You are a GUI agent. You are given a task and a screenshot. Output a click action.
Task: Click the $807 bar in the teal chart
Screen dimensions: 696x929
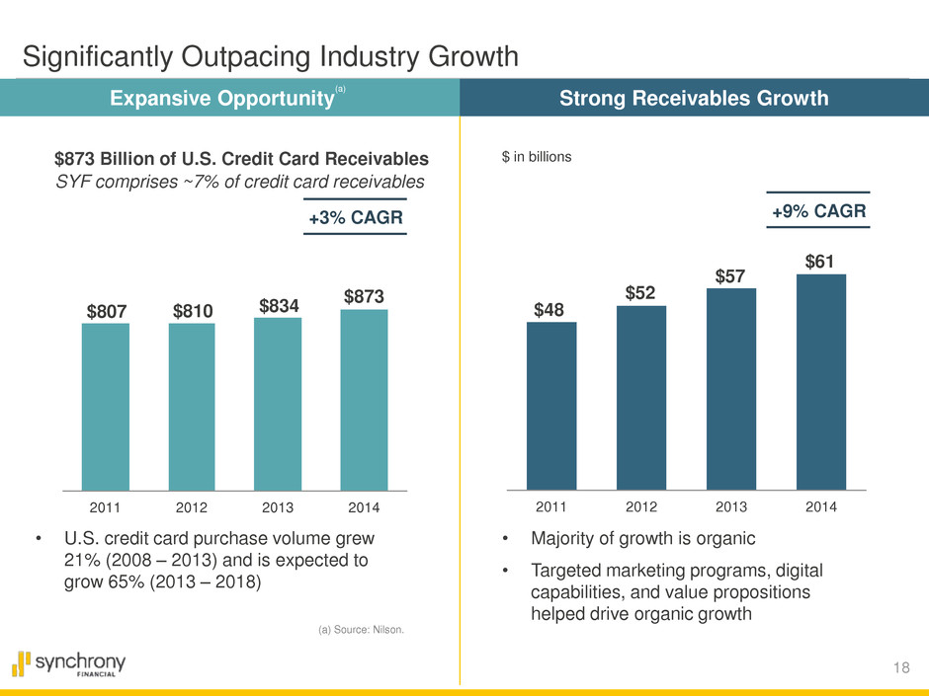pyautogui.click(x=105, y=406)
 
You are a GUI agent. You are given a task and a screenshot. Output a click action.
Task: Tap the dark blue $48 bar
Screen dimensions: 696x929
pyautogui.click(x=551, y=405)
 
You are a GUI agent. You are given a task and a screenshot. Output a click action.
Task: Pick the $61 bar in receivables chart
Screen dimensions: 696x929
pyautogui.click(x=820, y=381)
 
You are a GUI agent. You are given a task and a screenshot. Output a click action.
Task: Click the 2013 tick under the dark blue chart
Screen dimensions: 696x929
pyautogui.click(x=731, y=506)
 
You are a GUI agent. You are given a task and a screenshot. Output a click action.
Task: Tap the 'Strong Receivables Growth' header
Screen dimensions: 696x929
pyautogui.click(x=694, y=98)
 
